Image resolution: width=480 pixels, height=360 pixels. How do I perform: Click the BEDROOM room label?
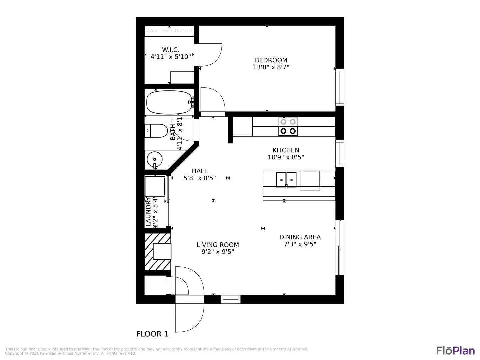[271, 60]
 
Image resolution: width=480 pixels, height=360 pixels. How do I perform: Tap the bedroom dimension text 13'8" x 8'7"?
[271, 67]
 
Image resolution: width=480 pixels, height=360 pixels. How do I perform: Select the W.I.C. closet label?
[170, 50]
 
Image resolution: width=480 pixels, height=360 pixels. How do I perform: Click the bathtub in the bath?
[169, 102]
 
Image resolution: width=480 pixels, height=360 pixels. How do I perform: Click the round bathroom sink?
[154, 159]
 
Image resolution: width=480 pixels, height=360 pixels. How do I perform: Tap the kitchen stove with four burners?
[288, 127]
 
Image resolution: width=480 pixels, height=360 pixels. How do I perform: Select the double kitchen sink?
[286, 180]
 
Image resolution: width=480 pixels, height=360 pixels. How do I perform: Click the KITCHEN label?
[286, 150]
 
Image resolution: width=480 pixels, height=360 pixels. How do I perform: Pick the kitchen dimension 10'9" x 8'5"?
[286, 157]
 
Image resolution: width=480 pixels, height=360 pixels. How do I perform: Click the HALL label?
[200, 171]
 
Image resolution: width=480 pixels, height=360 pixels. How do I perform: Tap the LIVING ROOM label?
[218, 245]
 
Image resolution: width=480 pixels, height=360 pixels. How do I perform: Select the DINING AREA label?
[300, 237]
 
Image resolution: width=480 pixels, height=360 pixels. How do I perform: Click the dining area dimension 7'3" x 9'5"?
[300, 244]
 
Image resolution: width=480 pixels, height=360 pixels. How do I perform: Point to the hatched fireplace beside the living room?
[158, 252]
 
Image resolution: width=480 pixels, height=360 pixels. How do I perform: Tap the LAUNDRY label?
[148, 212]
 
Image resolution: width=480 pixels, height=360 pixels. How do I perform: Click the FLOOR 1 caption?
[152, 334]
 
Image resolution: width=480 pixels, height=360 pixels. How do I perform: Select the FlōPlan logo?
[455, 351]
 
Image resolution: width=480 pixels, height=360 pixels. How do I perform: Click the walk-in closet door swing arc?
[212, 55]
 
